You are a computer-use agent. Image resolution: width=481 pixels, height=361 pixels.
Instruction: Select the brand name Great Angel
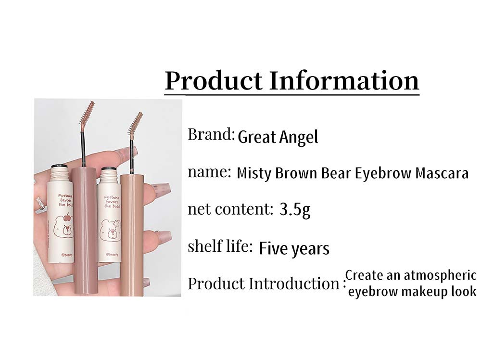[x=278, y=137]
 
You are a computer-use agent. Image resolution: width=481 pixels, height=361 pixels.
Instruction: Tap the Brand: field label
[x=211, y=134]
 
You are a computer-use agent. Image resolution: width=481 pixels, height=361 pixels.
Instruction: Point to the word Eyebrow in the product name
[x=383, y=174]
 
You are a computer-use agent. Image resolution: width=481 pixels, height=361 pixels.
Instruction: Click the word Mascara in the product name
[x=442, y=173]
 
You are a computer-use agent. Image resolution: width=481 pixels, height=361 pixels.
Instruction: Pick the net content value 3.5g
[x=295, y=210]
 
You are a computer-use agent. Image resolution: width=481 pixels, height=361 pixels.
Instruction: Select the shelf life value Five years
[x=294, y=249]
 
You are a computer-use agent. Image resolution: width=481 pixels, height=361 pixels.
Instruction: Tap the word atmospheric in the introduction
[x=439, y=276]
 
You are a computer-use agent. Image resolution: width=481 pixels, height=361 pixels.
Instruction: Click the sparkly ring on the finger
[x=40, y=203]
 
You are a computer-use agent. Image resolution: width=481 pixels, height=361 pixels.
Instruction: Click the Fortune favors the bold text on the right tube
[x=112, y=202]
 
